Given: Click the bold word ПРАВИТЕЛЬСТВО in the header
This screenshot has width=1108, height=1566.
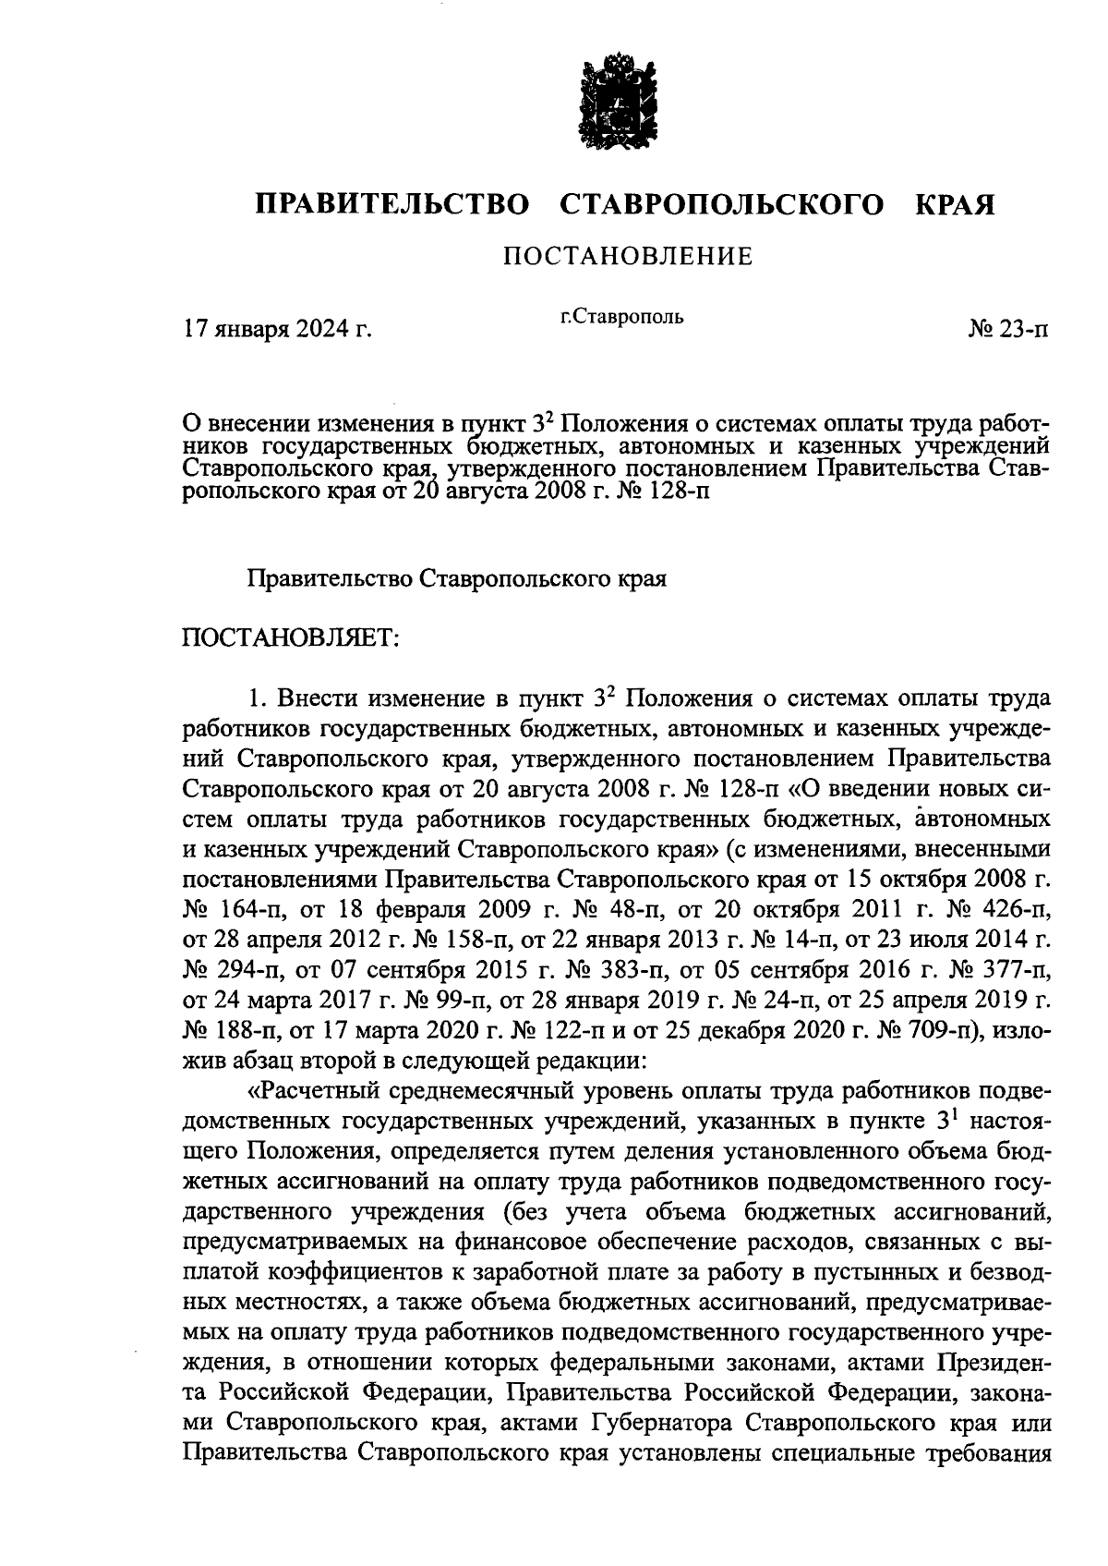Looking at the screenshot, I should (x=392, y=204).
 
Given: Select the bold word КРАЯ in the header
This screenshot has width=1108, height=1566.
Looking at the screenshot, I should (x=955, y=204).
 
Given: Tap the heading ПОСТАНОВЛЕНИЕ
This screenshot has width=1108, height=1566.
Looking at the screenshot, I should (x=628, y=256).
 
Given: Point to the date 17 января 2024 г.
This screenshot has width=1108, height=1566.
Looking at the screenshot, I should (x=278, y=329).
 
